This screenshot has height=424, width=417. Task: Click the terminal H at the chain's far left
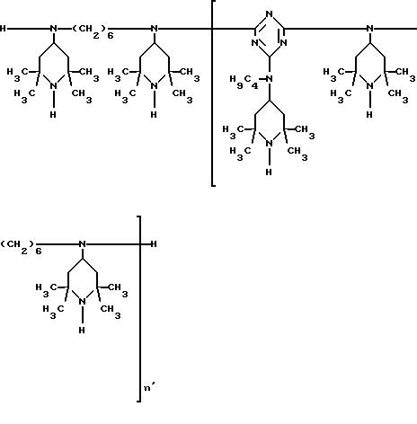click(3, 29)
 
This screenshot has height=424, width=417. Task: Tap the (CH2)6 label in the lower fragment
click(22, 247)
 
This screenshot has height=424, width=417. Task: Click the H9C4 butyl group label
click(244, 82)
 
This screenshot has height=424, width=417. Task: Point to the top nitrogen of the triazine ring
click(270, 13)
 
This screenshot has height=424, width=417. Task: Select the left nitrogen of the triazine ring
click(254, 43)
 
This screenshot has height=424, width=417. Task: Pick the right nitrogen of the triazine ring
click(283, 43)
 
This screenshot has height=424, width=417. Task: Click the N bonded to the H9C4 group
click(270, 79)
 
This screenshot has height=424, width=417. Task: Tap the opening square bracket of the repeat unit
click(213, 93)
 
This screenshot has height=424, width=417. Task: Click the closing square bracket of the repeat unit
click(140, 308)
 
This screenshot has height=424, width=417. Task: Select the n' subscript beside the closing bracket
click(149, 387)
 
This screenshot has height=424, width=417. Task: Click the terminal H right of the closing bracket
click(154, 244)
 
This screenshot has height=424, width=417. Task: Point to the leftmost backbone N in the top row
click(54, 29)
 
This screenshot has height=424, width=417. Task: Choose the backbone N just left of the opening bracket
click(155, 29)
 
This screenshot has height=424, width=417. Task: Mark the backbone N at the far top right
click(370, 29)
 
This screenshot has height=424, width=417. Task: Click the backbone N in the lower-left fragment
click(83, 244)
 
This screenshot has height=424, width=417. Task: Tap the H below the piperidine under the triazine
click(269, 172)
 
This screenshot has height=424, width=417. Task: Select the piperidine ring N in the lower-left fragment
click(83, 302)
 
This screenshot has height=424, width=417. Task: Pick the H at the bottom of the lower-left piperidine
click(82, 330)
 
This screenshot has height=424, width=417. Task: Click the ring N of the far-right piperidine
click(370, 86)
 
